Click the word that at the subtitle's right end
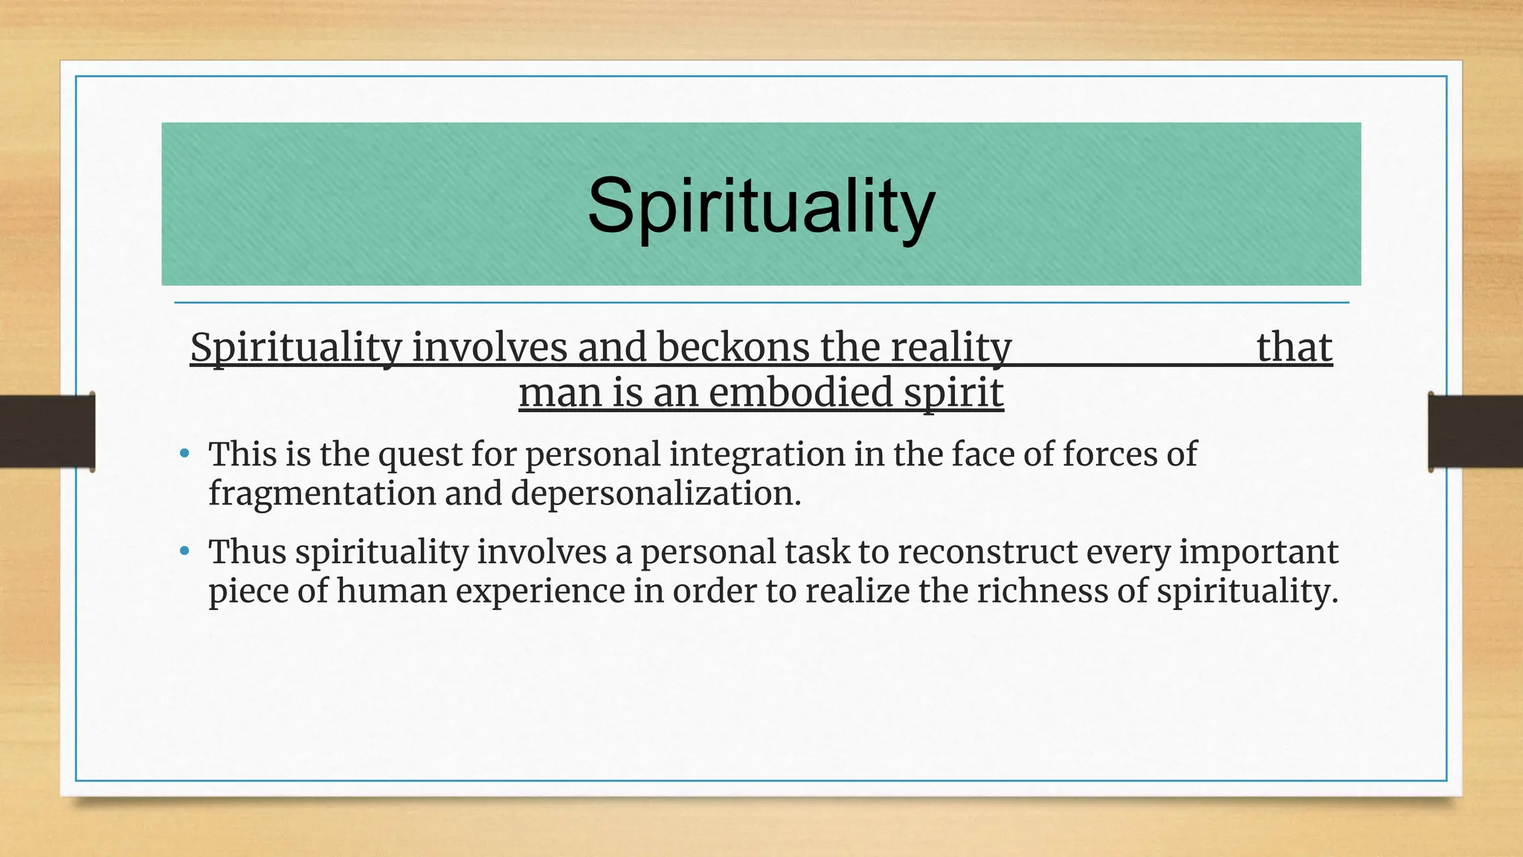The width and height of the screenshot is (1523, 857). point(1294,347)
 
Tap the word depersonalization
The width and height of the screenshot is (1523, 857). point(656,493)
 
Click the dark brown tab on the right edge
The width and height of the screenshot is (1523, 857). point(1475,431)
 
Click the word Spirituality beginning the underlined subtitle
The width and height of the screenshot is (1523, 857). point(296,347)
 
